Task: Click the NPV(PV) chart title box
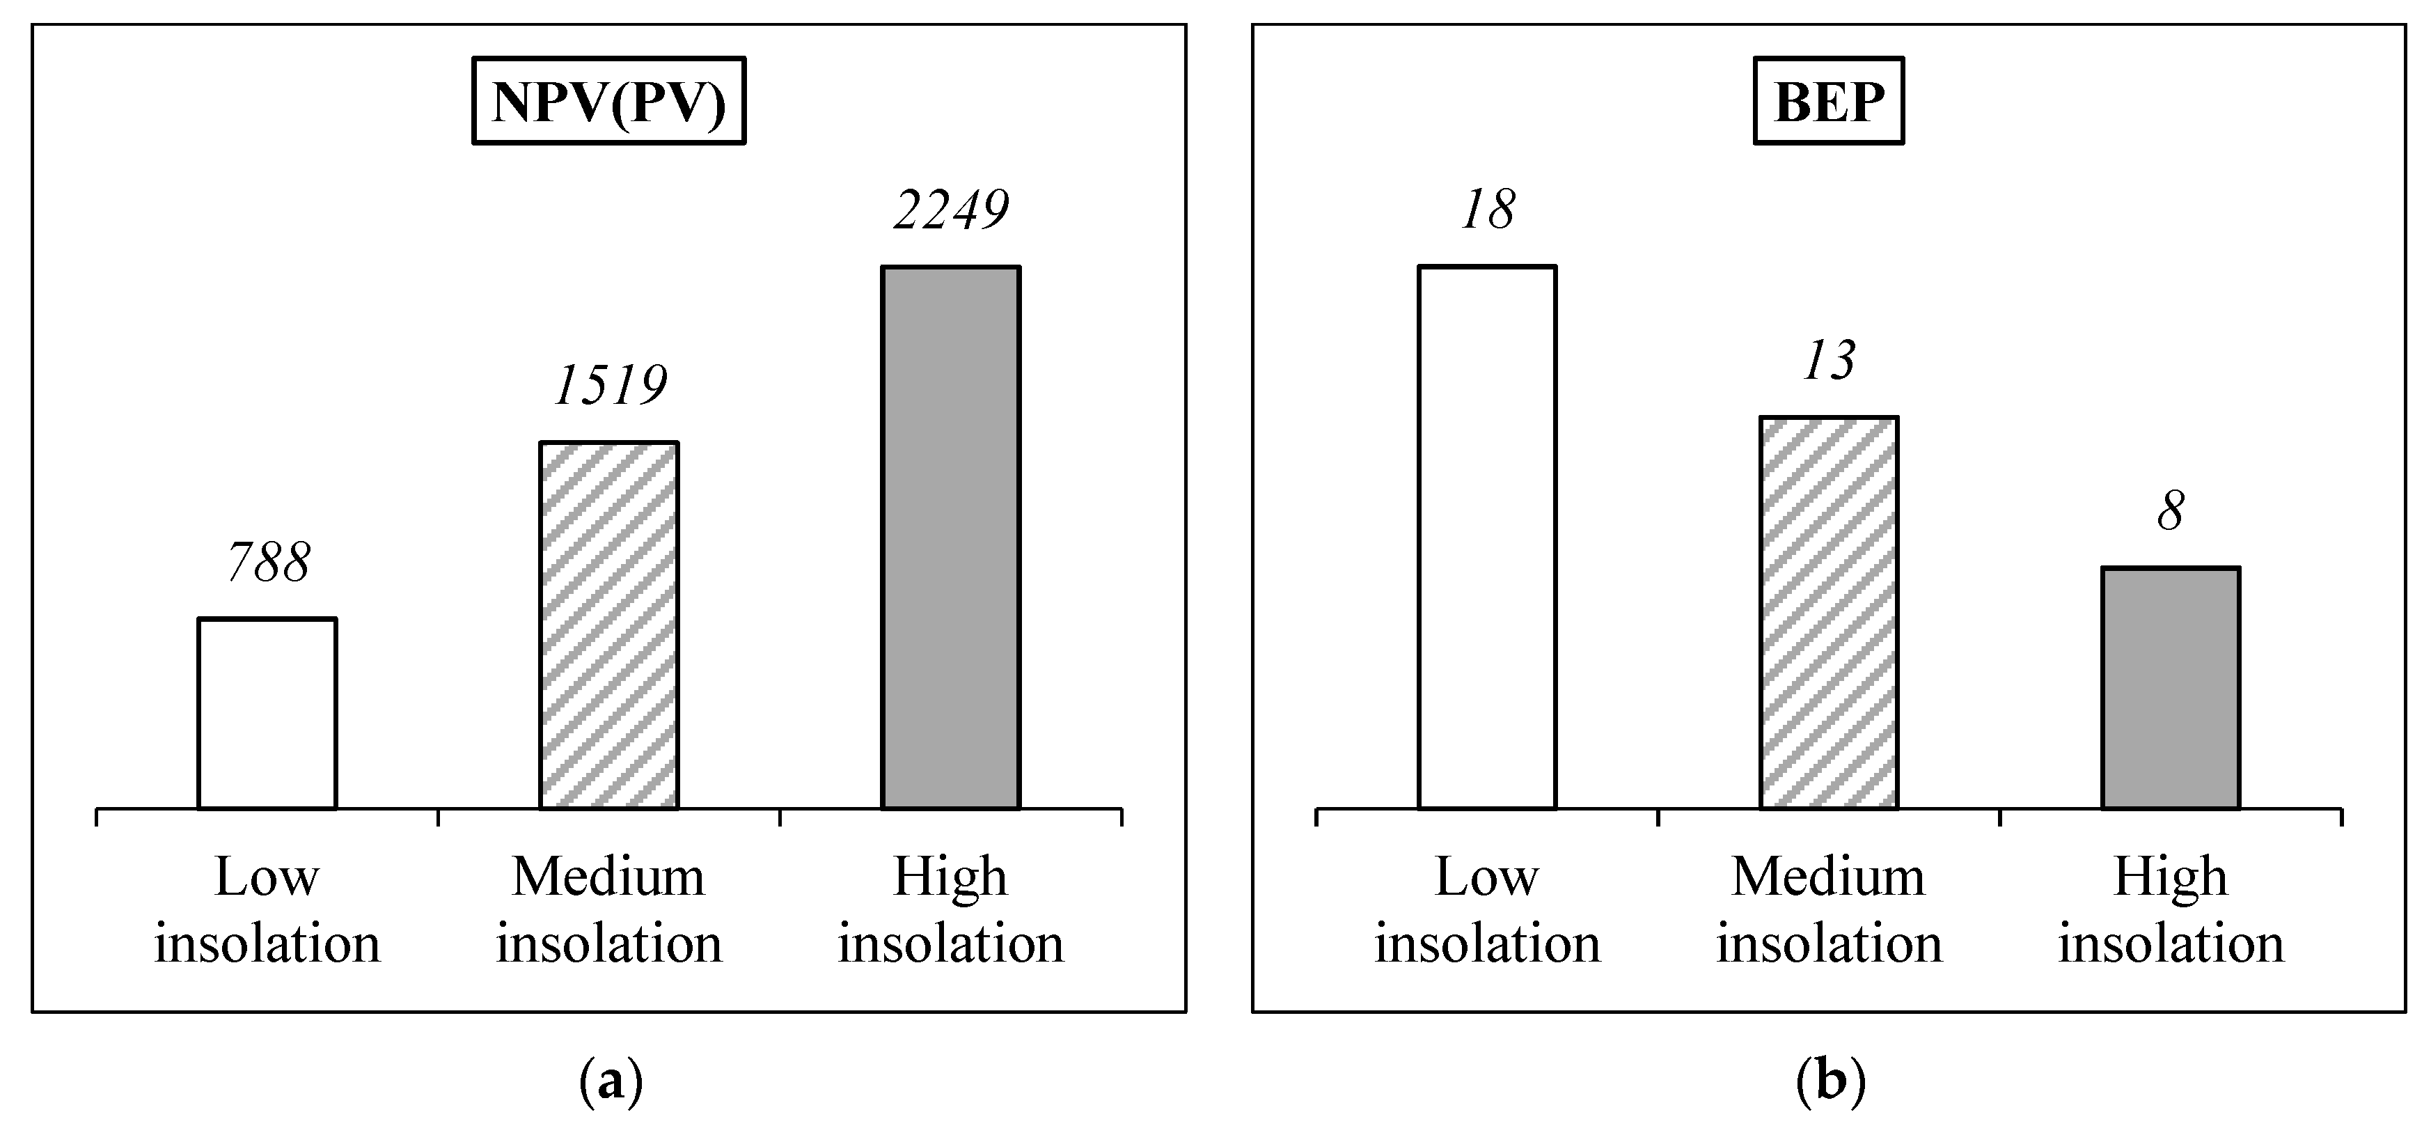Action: click(x=608, y=101)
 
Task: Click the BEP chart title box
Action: click(x=1828, y=101)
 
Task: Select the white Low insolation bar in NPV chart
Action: click(x=267, y=714)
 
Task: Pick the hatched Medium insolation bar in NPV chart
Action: click(x=608, y=625)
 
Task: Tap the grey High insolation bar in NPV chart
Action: click(x=950, y=538)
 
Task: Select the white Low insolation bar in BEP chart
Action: click(x=1486, y=538)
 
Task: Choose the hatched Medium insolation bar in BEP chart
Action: click(x=1829, y=613)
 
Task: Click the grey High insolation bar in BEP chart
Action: click(x=2171, y=689)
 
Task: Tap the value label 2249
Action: click(x=951, y=210)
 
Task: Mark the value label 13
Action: click(x=1829, y=361)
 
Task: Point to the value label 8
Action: click(x=2171, y=512)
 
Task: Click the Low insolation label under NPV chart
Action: click(x=267, y=909)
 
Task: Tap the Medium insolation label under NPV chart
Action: click(x=608, y=909)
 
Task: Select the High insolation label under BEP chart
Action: click(x=2171, y=909)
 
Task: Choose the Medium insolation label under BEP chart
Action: click(x=1829, y=909)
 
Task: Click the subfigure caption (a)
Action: click(x=610, y=1081)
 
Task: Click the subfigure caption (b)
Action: click(x=1830, y=1081)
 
